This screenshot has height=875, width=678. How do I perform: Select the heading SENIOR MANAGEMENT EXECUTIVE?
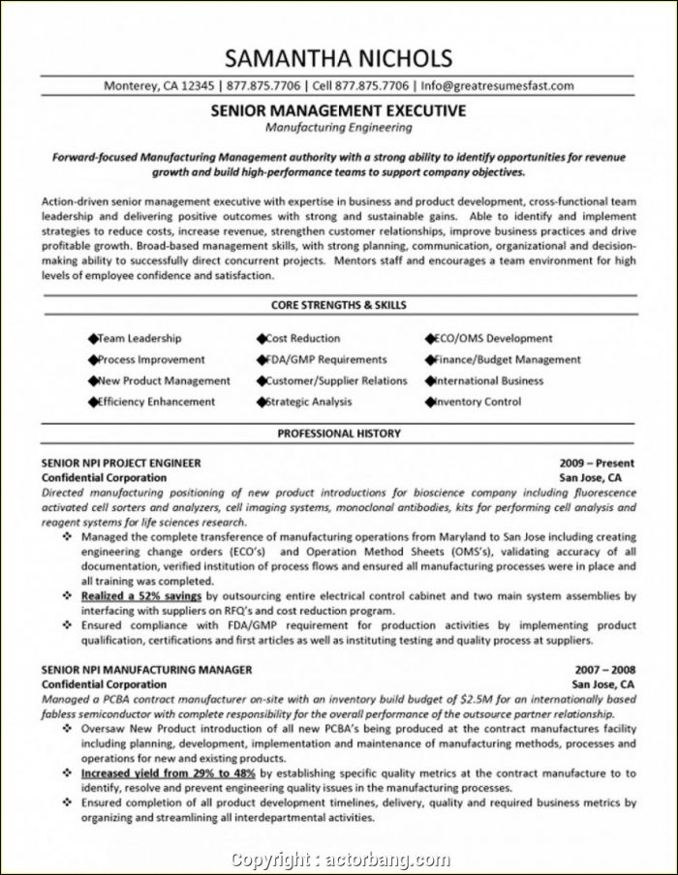(338, 111)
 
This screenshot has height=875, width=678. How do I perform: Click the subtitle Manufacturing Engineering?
(338, 127)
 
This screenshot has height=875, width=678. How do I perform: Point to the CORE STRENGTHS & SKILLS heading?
(338, 305)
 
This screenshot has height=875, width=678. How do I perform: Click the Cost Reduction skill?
(302, 339)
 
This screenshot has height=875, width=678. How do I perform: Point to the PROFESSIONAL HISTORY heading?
(338, 435)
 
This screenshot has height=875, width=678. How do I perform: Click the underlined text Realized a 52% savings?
(142, 597)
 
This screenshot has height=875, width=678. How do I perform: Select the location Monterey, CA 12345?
(158, 84)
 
